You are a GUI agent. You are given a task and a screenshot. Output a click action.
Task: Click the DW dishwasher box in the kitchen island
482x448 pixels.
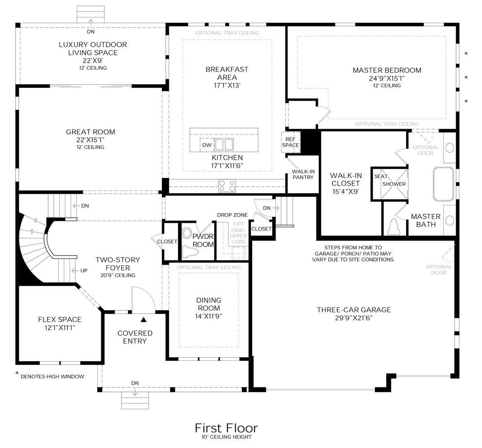207,145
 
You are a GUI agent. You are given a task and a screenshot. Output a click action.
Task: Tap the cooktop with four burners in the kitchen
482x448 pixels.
227,186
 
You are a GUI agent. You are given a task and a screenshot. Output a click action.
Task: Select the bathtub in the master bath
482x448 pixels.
443,184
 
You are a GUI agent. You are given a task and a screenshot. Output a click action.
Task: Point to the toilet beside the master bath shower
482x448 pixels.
394,226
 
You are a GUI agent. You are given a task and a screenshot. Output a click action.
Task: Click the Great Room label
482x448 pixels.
90,132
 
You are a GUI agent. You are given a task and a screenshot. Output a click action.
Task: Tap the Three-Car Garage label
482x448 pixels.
354,310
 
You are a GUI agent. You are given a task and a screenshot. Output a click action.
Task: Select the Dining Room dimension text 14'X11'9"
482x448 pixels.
209,316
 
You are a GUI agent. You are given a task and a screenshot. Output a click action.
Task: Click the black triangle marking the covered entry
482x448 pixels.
143,320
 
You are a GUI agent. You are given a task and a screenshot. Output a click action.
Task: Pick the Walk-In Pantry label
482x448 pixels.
303,174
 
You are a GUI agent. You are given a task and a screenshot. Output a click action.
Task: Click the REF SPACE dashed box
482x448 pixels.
291,142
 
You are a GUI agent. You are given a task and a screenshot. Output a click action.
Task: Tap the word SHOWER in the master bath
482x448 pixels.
394,184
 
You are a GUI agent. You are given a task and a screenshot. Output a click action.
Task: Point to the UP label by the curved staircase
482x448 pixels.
84,270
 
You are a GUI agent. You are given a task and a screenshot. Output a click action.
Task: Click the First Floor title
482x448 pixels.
227,428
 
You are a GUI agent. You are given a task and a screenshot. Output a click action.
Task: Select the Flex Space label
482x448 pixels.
60,319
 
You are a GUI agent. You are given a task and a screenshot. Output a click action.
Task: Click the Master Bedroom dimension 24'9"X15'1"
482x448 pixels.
387,78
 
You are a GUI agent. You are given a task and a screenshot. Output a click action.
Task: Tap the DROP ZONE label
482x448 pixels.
232,215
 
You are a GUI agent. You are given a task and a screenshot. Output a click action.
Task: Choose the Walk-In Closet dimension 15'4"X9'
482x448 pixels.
346,192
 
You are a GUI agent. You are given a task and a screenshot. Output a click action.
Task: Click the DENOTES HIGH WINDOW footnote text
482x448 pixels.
52,376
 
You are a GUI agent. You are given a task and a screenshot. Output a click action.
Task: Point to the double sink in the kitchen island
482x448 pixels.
224,144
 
